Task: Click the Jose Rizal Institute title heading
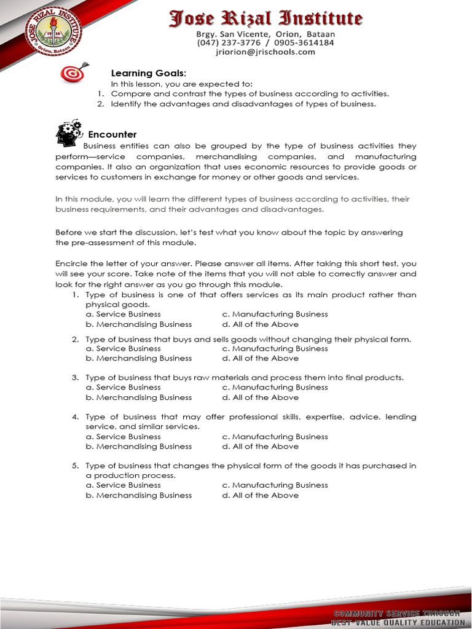(265, 18)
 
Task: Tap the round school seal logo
(52, 31)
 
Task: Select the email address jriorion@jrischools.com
(265, 52)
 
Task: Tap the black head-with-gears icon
(68, 132)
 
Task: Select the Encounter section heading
(112, 135)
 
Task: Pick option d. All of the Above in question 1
(260, 324)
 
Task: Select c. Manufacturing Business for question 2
(275, 348)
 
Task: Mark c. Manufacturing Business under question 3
(275, 387)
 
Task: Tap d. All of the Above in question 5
(260, 495)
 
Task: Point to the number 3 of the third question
(74, 377)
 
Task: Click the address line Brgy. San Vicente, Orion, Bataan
(265, 34)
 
